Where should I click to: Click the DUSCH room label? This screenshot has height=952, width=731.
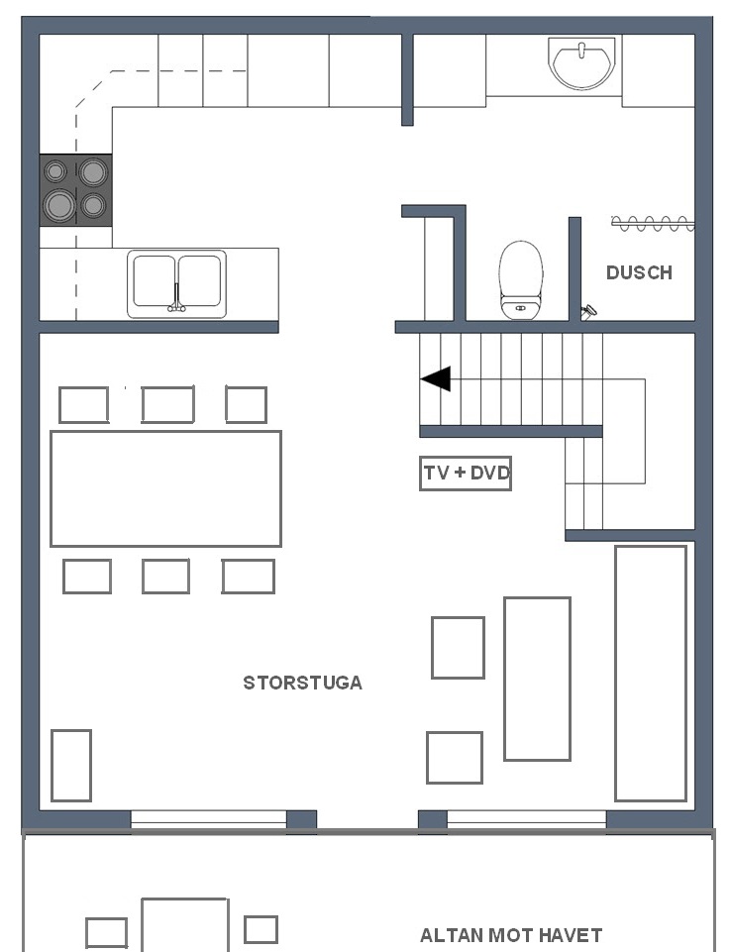click(x=639, y=272)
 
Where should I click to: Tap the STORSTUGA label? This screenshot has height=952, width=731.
click(x=302, y=683)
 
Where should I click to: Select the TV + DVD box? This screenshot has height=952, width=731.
click(x=466, y=473)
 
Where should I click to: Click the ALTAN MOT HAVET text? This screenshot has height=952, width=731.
click(x=511, y=935)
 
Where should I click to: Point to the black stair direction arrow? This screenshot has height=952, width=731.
click(x=435, y=378)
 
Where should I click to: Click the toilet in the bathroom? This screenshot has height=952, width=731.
click(x=520, y=280)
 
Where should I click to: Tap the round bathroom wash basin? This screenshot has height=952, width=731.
click(x=581, y=63)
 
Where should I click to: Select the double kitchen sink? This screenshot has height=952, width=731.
click(x=176, y=283)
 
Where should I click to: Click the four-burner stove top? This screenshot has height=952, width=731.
click(x=76, y=190)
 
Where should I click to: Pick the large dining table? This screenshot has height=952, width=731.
click(x=165, y=488)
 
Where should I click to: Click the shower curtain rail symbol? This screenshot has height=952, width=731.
click(x=652, y=224)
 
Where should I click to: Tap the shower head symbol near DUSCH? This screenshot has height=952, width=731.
click(x=588, y=313)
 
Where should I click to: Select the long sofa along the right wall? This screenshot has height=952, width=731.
click(x=651, y=674)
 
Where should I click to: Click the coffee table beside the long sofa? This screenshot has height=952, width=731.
click(x=537, y=679)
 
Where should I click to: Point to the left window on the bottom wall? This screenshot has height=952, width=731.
click(x=209, y=819)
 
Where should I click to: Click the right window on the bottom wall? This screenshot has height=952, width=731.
click(x=527, y=819)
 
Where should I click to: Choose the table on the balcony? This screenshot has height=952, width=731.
click(x=184, y=924)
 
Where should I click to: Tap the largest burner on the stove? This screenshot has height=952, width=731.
click(x=60, y=205)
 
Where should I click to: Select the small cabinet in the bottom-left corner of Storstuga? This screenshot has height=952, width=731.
click(x=71, y=766)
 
